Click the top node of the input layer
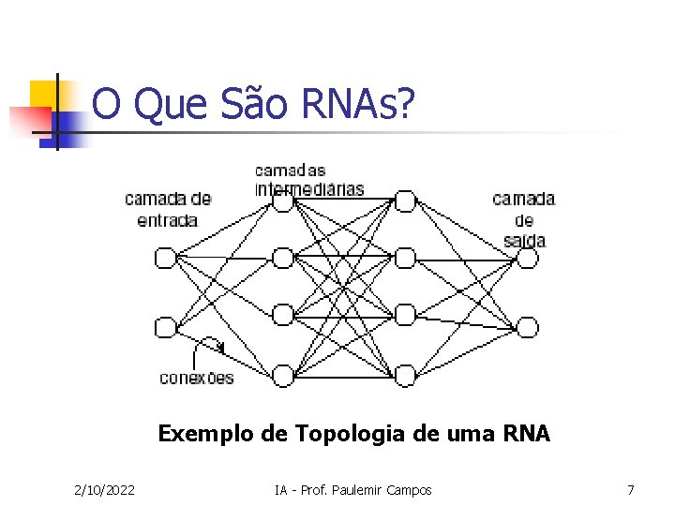[166, 257]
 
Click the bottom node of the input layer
[166, 327]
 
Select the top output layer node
[528, 257]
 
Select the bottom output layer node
[528, 326]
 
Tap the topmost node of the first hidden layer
[283, 201]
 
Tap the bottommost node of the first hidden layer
[283, 376]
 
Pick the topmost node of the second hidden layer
[404, 201]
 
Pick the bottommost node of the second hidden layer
[404, 376]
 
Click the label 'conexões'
[197, 378]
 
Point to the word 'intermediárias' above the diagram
[309, 188]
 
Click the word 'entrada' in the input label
[167, 220]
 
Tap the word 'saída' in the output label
[524, 241]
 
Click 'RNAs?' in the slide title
[357, 106]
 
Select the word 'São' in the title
[258, 106]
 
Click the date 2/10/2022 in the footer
[104, 490]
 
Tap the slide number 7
[631, 490]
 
